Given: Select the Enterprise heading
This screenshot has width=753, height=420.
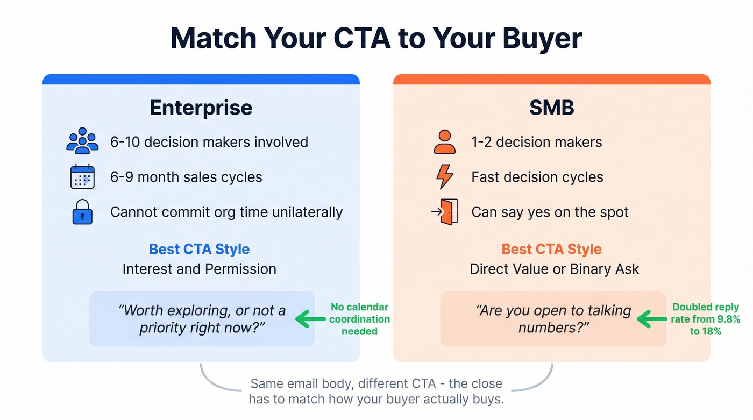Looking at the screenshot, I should pos(201,108).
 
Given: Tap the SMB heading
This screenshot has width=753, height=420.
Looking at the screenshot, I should pos(551,108).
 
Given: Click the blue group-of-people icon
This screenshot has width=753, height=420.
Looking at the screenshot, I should pos(82,141).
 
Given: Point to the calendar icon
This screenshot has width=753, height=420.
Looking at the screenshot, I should pos(82,176).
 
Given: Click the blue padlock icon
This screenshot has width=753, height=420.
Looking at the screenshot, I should pos(82,212).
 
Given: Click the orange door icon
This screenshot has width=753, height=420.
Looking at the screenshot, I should pos(446,212).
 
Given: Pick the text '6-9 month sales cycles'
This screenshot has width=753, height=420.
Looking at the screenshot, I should pos(186,177).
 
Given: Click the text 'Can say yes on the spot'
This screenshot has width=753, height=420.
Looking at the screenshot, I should pos(550,212).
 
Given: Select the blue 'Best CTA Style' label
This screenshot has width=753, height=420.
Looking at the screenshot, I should pos(199,250).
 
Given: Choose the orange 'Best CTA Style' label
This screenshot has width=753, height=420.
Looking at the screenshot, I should pos(551,250).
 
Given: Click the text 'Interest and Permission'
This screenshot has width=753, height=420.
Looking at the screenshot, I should pos(199,269).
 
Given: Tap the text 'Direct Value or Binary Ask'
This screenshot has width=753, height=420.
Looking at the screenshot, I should pos(554,269).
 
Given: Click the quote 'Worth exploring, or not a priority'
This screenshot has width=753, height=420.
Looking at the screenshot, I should pos(202,319).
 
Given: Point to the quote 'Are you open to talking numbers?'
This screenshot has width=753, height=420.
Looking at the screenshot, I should pos(553,319).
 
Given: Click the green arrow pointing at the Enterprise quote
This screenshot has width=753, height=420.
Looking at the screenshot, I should pos(311,319).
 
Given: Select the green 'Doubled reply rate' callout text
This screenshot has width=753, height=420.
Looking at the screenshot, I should pos(706,319).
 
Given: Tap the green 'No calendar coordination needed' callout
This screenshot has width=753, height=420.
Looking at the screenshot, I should pos(359,319).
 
